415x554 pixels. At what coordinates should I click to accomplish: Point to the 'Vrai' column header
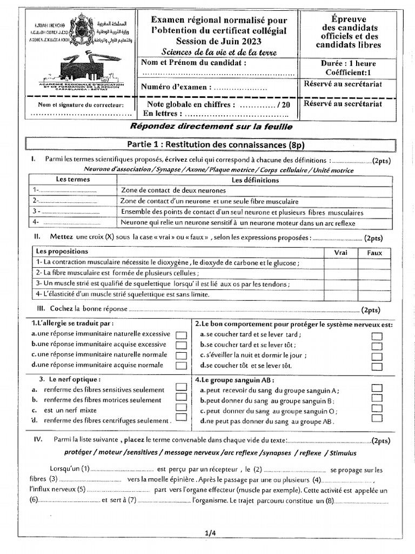(341, 253)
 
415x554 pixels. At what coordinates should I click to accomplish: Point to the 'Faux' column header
(374, 253)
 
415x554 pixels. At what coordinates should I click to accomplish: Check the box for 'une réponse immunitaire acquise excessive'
(182, 345)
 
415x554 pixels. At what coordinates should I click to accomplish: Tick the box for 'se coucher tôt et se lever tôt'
(377, 366)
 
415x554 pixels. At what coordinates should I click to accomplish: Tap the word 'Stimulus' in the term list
(340, 452)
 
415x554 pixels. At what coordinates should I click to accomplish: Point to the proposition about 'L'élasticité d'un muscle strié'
(122, 294)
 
